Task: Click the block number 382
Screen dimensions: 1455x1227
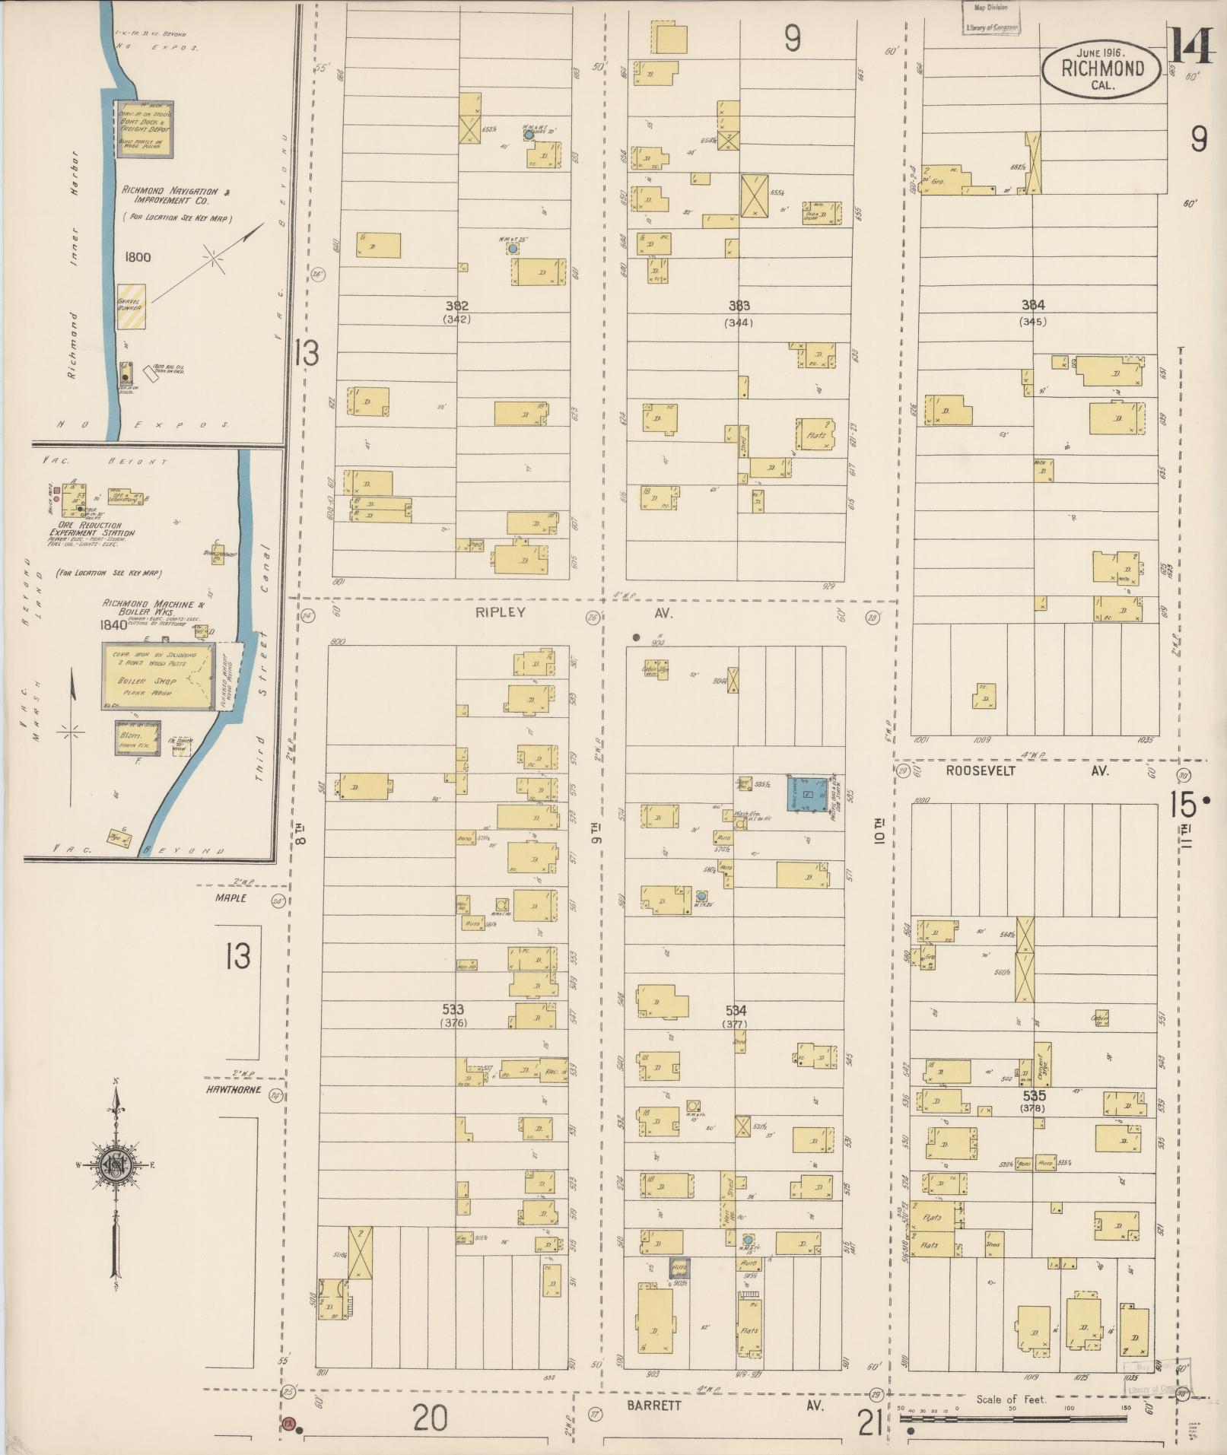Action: point(456,306)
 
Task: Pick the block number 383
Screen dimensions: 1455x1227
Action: point(739,306)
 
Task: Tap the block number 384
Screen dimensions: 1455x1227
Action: point(1032,305)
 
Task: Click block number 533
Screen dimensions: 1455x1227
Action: point(453,1009)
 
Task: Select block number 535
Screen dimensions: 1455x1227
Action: point(1035,1096)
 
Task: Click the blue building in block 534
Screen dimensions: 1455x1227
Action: point(809,794)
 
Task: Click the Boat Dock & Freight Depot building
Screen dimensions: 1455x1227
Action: point(142,128)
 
